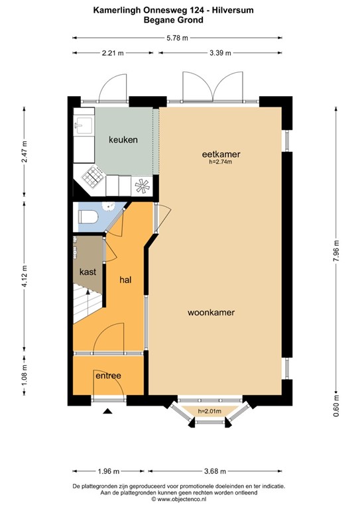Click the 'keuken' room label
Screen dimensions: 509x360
[x=123, y=140]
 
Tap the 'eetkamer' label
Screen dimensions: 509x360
[x=221, y=154]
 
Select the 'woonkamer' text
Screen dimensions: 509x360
[x=211, y=311]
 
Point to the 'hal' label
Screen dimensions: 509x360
[x=125, y=280]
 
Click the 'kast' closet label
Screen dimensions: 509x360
[x=88, y=272]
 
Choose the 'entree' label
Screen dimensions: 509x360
[x=108, y=376]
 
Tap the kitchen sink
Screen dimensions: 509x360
[x=84, y=125]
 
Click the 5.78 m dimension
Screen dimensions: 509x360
[x=180, y=38]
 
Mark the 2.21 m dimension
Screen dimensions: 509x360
[x=113, y=54]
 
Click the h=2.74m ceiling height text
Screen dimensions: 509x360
[x=221, y=162]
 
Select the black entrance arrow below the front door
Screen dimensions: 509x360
[x=108, y=412]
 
